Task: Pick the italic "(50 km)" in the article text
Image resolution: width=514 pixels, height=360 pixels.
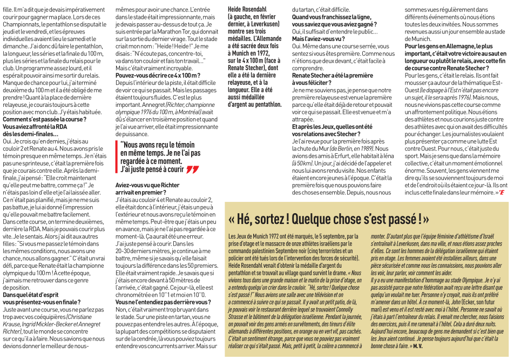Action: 301,163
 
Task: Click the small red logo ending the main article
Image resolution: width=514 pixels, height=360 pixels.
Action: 502,192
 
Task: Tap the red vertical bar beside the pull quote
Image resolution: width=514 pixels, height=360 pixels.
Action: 116,157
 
